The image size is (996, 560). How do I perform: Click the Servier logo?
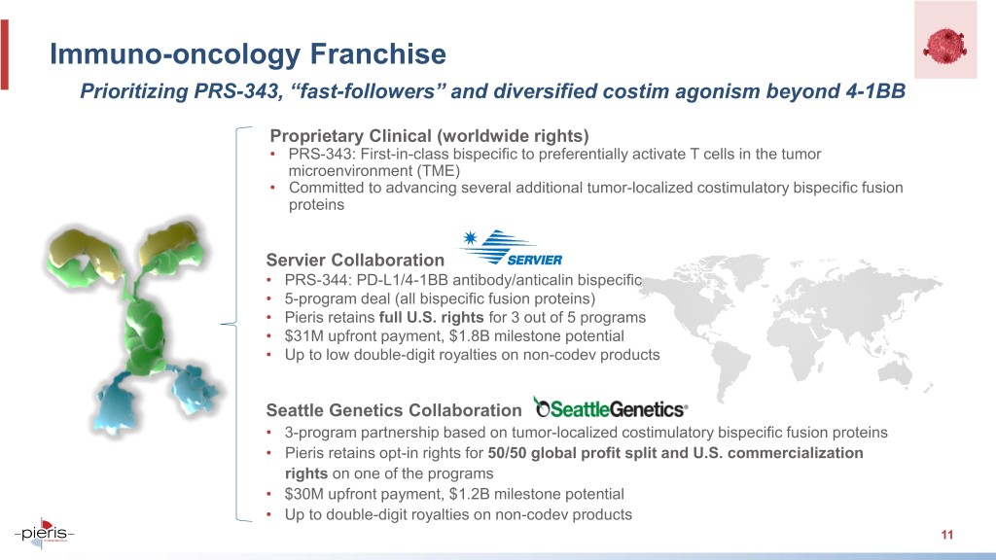point(510,248)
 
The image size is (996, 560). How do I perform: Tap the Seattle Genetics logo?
point(611,408)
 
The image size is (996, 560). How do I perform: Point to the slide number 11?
point(947,535)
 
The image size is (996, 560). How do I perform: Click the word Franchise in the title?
point(378,53)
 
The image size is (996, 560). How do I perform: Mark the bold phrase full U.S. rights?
point(431,318)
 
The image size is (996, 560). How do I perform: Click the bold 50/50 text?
point(507,453)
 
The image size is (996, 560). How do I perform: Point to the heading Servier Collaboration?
point(355,260)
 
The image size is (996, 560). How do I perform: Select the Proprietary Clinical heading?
point(429,136)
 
